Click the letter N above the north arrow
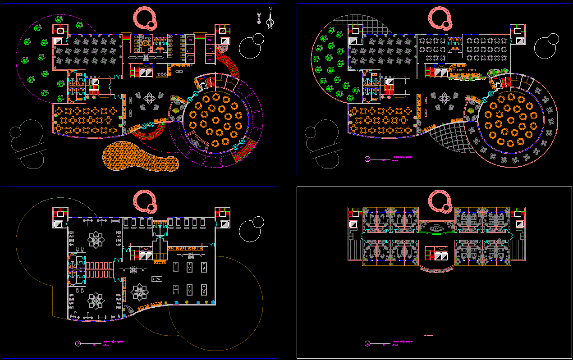coord(270,9)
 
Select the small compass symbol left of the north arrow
coord(259,18)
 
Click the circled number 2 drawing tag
coord(367,159)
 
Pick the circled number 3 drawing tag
coord(78,343)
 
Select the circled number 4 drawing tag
coord(367,343)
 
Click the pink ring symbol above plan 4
coord(439,201)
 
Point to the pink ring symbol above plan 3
coord(146,201)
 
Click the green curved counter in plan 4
coord(435,232)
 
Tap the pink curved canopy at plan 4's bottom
coord(435,269)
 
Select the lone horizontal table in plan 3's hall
coord(157,279)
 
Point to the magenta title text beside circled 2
coord(402,158)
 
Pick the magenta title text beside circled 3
coord(113,342)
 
